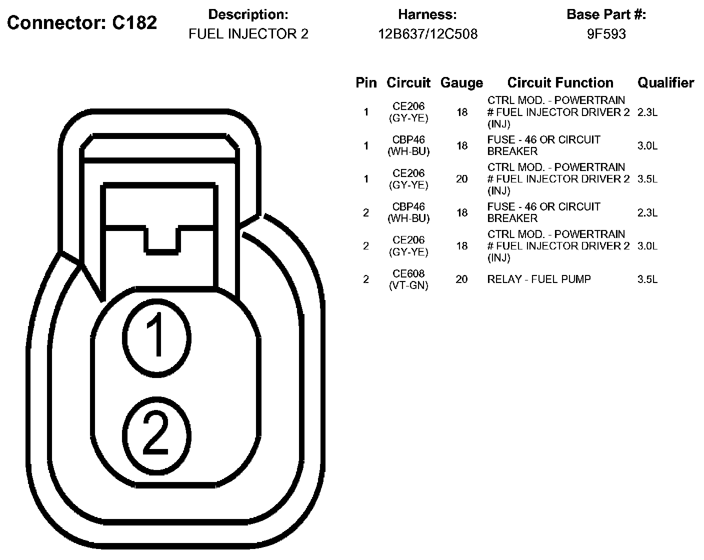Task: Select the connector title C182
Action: coord(82,23)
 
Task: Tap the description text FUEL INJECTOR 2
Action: coord(248,34)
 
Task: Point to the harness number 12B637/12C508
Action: coord(427,34)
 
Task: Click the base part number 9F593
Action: coord(606,34)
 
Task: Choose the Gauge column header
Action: coord(461,83)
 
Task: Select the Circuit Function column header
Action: coord(560,83)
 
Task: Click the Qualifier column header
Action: coord(665,83)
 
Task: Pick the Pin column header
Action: coord(366,83)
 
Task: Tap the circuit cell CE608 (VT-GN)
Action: coord(408,279)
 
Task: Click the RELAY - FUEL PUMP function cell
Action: coord(539,279)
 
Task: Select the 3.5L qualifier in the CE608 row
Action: coord(647,279)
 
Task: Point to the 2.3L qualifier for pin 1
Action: coord(647,112)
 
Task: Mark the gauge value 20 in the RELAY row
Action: coord(461,279)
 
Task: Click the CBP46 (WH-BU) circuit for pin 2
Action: coord(408,212)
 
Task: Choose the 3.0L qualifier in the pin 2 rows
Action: coord(647,246)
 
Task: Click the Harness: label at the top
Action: coord(427,14)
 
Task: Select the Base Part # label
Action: coord(606,14)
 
